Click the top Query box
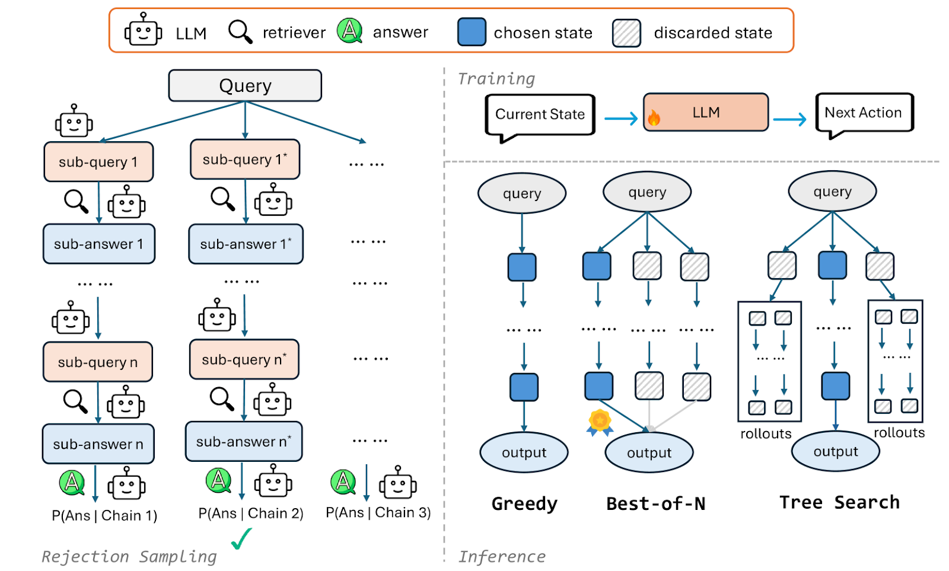click(x=245, y=86)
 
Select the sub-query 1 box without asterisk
click(x=98, y=162)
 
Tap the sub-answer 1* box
click(x=246, y=244)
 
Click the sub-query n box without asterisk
click(x=98, y=362)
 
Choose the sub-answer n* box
click(x=244, y=442)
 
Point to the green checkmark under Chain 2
click(x=241, y=538)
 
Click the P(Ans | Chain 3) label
click(x=378, y=512)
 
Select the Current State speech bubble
click(x=540, y=114)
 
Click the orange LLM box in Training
click(x=706, y=113)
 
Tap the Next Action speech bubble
click(x=864, y=113)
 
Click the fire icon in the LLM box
click(x=654, y=117)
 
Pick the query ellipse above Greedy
click(x=522, y=193)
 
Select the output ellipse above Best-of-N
click(x=649, y=452)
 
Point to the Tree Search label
click(x=839, y=502)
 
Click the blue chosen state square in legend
click(x=472, y=32)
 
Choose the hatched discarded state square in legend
click(x=626, y=33)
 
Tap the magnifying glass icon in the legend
click(x=240, y=31)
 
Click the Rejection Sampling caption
click(x=129, y=557)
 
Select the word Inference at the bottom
click(x=502, y=557)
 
